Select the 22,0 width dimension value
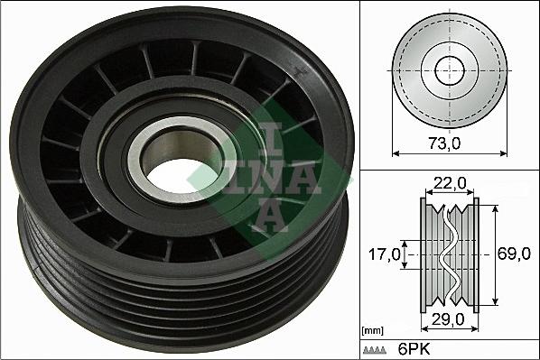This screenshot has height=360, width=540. (448, 183)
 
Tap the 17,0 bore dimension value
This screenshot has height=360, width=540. (385, 255)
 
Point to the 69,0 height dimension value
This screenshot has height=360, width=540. (515, 255)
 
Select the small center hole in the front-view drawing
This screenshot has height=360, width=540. (448, 69)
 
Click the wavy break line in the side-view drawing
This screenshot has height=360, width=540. (448, 253)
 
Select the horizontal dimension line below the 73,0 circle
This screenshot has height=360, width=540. (448, 153)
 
